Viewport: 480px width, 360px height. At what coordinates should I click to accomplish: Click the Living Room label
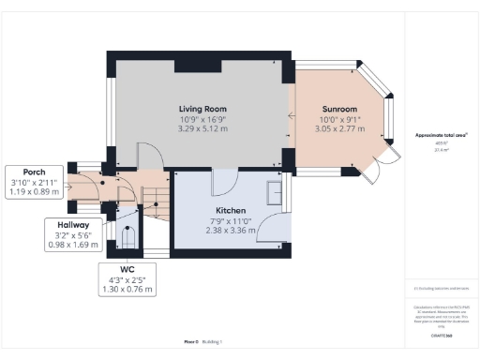[x=202, y=109]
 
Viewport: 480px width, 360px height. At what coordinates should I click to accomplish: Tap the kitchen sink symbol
[x=276, y=191]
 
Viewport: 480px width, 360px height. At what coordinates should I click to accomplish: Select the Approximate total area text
[x=442, y=135]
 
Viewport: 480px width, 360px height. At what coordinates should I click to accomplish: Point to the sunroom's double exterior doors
[x=373, y=167]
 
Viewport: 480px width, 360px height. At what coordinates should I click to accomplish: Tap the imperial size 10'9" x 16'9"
[x=202, y=119]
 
